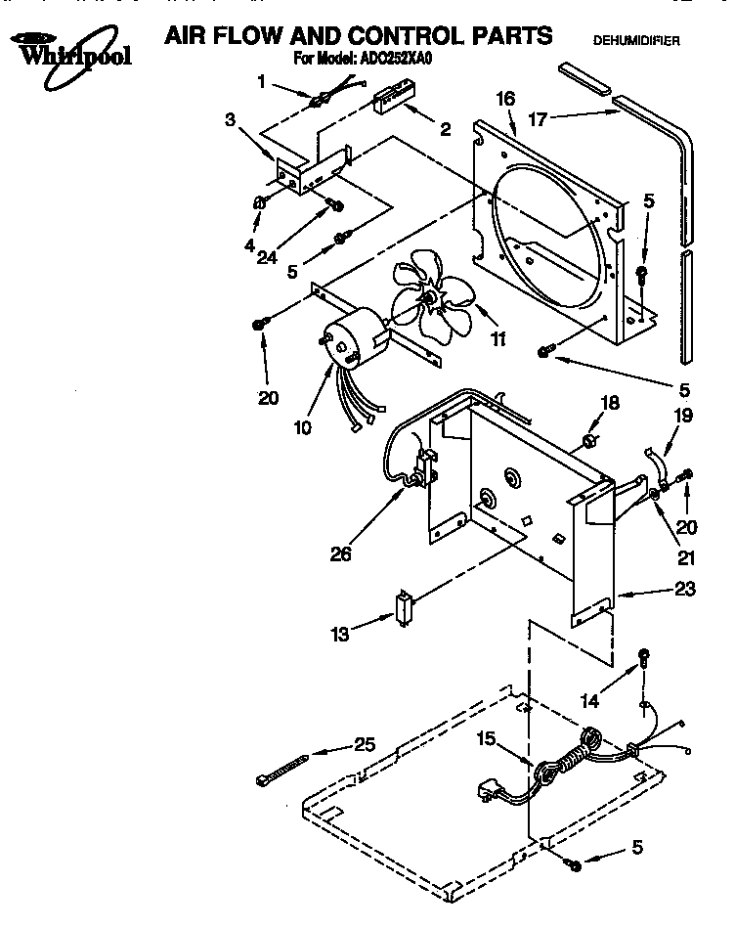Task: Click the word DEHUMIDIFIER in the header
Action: tap(636, 41)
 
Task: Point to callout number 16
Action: tap(505, 98)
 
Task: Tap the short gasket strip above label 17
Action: tap(581, 78)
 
